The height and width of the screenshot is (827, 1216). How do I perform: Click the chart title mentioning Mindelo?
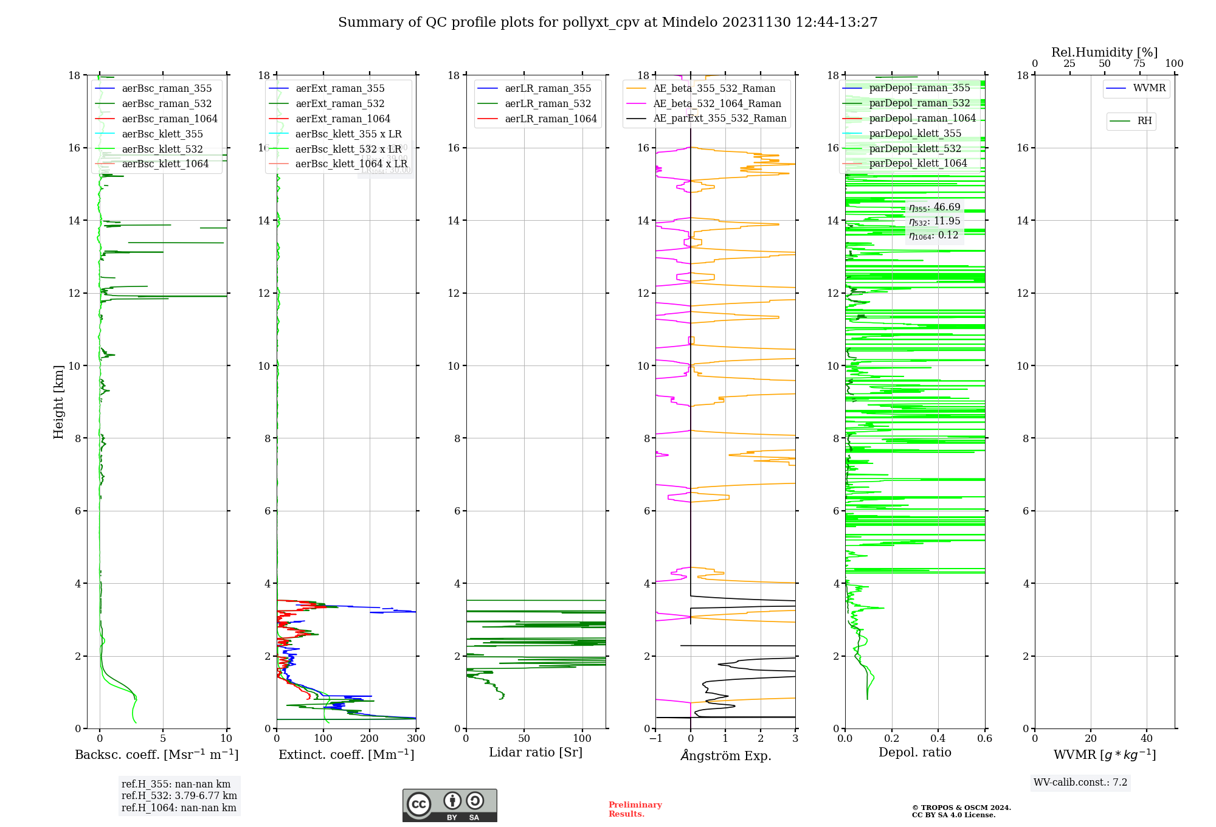pyautogui.click(x=607, y=22)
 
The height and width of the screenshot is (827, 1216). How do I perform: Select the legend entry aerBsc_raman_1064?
pyautogui.click(x=170, y=119)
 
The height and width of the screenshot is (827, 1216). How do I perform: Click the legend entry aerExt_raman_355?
pyautogui.click(x=340, y=89)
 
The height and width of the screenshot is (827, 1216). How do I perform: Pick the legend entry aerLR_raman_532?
pyautogui.click(x=548, y=104)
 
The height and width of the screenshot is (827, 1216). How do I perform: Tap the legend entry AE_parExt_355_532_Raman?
pyautogui.click(x=720, y=119)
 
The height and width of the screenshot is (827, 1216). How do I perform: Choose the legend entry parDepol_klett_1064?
pyautogui.click(x=918, y=163)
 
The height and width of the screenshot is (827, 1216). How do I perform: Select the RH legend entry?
pyautogui.click(x=1144, y=121)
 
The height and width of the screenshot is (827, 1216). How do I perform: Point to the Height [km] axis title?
pyautogui.click(x=58, y=401)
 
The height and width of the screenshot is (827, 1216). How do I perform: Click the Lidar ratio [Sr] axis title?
pyautogui.click(x=536, y=753)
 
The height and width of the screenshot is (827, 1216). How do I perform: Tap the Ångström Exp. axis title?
pyautogui.click(x=725, y=755)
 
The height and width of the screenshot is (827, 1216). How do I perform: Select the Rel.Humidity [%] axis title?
pyautogui.click(x=1104, y=52)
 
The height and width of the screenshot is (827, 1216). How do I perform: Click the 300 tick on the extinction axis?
pyautogui.click(x=416, y=739)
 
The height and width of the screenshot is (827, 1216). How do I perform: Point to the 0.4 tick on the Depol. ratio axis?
pyautogui.click(x=938, y=739)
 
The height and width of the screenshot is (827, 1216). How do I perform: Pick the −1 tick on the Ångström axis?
pyautogui.click(x=655, y=739)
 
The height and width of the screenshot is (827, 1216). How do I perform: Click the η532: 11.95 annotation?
pyautogui.click(x=934, y=221)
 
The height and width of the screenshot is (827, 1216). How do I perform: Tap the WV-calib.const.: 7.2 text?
pyautogui.click(x=1080, y=783)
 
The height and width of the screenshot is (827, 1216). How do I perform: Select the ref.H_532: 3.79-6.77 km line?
pyautogui.click(x=179, y=796)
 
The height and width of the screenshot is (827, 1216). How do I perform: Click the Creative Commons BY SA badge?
pyautogui.click(x=449, y=805)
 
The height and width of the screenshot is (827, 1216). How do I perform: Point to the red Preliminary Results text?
pyautogui.click(x=635, y=809)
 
